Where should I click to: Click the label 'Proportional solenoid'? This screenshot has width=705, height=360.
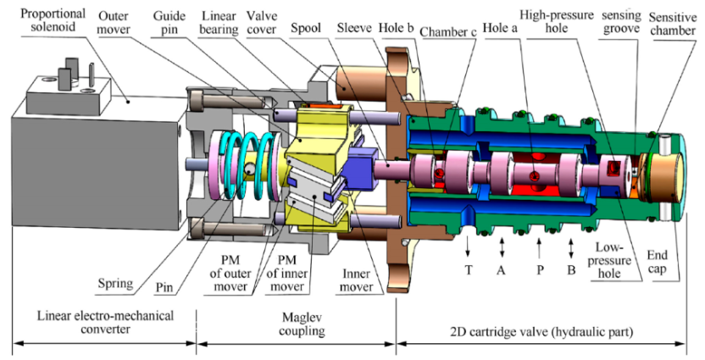[41, 19]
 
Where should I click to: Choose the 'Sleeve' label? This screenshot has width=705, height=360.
[356, 16]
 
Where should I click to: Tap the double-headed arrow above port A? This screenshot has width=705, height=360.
[503, 245]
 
